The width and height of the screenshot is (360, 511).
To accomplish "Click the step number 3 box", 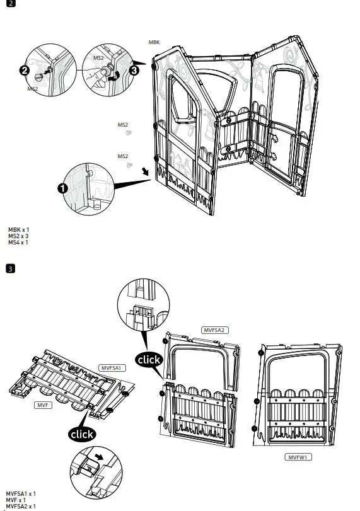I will pyautogui.click(x=10, y=269).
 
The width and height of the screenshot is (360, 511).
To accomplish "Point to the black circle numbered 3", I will pyautogui.click(x=134, y=70).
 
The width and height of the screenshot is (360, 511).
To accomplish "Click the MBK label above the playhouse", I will pyautogui.click(x=154, y=42).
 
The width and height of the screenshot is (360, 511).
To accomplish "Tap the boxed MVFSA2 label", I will pyautogui.click(x=215, y=330).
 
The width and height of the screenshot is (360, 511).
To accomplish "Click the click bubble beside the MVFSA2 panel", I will pyautogui.click(x=149, y=360).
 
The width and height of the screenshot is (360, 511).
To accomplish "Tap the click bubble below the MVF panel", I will pyautogui.click(x=82, y=434).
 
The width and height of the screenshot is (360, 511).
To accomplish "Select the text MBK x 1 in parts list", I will pyautogui.click(x=18, y=230).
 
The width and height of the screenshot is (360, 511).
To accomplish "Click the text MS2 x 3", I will pyautogui.click(x=18, y=236).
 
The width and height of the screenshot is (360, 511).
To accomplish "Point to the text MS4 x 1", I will pyautogui.click(x=18, y=243).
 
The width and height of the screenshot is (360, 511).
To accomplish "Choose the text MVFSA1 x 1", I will pyautogui.click(x=20, y=494).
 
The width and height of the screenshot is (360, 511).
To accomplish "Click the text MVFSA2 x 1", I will pyautogui.click(x=20, y=507).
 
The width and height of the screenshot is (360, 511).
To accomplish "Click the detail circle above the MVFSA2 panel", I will pyautogui.click(x=144, y=303).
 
